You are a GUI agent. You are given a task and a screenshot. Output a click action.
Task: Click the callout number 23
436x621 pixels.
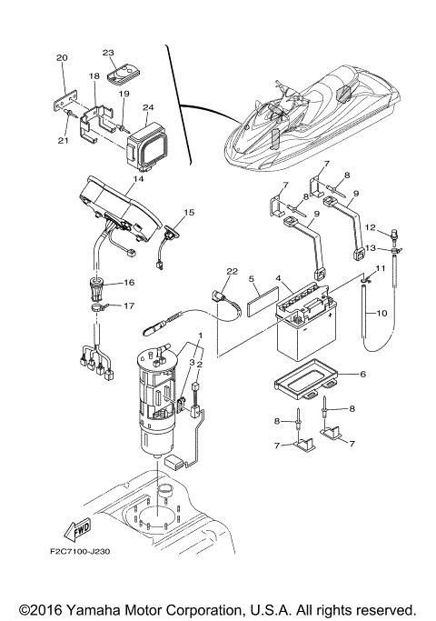point(107,53)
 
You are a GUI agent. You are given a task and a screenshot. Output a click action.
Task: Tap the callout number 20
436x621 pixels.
point(62,58)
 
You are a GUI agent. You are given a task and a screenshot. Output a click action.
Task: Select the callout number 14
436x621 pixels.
point(139,181)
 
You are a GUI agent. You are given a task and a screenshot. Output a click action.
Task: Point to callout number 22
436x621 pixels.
point(232,272)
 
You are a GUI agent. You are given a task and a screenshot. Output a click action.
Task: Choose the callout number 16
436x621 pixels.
point(128,284)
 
